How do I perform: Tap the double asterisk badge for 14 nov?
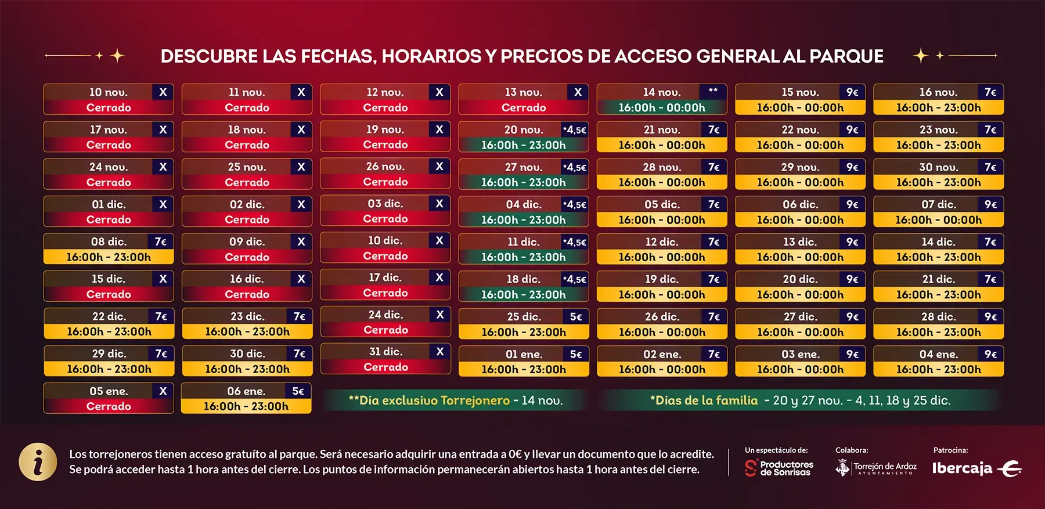click(713, 92)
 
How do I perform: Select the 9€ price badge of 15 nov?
click(852, 92)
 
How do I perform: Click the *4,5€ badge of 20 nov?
click(575, 130)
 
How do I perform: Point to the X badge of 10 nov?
click(163, 92)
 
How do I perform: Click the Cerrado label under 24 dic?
click(385, 330)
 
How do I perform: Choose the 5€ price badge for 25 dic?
click(575, 317)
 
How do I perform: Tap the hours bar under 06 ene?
click(246, 406)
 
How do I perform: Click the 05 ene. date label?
click(109, 391)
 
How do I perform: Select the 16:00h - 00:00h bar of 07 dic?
click(938, 220)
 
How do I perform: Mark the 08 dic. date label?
click(109, 241)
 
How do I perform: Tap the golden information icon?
click(38, 462)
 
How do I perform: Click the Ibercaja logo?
click(976, 468)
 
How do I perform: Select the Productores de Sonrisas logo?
click(779, 468)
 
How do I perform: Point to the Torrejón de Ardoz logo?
click(876, 468)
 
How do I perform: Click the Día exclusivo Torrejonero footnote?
click(456, 400)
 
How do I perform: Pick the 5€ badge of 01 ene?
click(575, 354)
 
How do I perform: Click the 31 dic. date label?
click(385, 352)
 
